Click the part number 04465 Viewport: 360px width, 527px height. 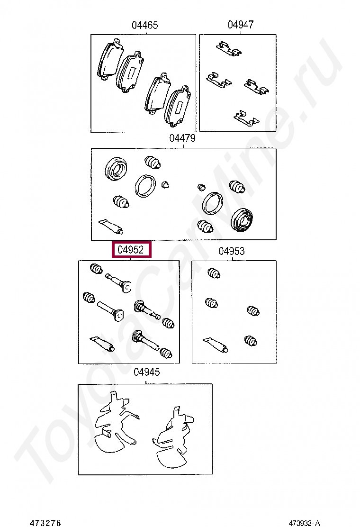(x=144, y=25)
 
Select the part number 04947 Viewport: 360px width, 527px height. (x=241, y=25)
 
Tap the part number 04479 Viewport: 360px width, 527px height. (x=182, y=138)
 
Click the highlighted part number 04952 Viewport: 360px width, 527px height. (x=131, y=250)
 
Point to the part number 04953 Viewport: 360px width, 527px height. (x=231, y=251)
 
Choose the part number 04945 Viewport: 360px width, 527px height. (x=147, y=372)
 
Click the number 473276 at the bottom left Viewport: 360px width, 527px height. (x=45, y=523)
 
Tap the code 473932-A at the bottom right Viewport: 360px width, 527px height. (x=304, y=523)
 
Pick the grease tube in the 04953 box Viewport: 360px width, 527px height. (x=216, y=345)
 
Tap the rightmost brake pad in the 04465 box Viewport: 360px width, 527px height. (x=179, y=107)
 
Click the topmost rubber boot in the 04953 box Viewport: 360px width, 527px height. (x=214, y=273)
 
